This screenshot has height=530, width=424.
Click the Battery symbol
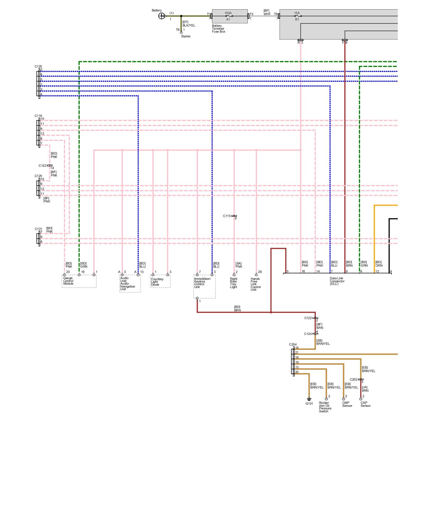pos(161,16)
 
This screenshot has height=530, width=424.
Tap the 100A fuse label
pos(228,13)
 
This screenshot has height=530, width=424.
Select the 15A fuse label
pos(297,13)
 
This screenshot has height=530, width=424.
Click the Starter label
pos(186,36)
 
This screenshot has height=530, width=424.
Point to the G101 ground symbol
pos(309,399)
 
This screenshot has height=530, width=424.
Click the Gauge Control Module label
pos(68,281)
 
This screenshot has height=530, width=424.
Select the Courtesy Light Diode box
pos(160,281)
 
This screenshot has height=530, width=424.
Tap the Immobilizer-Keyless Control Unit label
pos(202,283)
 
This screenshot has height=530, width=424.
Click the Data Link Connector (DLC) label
pos(337,281)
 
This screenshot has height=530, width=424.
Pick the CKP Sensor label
pos(365,404)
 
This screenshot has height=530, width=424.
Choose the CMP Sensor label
pos(347,404)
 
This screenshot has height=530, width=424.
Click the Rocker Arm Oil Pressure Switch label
pos(325,407)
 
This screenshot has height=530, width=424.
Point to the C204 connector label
pos(293,344)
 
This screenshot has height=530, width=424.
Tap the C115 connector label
pos(227,216)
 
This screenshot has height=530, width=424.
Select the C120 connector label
pos(38,67)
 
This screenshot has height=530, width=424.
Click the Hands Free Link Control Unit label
pos(255,284)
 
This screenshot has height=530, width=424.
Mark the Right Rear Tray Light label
pos(233,283)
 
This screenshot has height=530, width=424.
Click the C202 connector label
pos(354,379)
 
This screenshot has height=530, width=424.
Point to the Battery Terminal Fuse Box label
pos(218,29)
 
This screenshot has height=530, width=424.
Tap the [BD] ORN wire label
pos(379,264)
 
